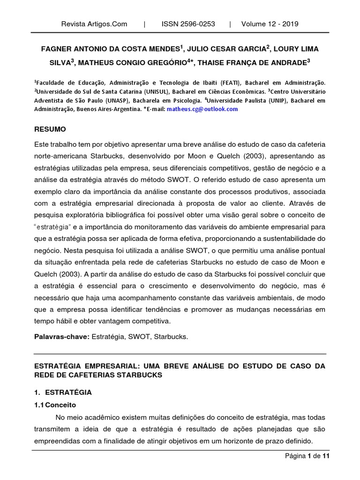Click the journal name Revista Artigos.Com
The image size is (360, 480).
tap(94, 24)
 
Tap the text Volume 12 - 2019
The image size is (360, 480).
tap(270, 24)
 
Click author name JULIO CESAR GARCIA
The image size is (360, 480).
tap(227, 48)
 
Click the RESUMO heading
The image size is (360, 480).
tap(50, 129)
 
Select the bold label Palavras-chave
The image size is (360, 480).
tap(60, 337)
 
